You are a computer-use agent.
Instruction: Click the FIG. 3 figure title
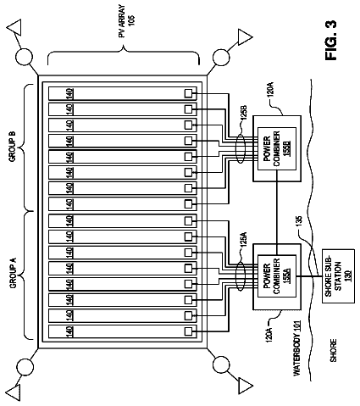click(331, 40)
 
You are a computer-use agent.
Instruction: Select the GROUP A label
click(14, 273)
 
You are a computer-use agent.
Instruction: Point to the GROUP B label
click(13, 147)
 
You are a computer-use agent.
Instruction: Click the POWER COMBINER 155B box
click(276, 148)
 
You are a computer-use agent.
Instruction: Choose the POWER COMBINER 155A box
click(276, 276)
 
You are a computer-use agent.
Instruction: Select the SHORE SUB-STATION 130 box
click(338, 276)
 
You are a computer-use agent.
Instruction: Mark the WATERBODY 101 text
click(296, 348)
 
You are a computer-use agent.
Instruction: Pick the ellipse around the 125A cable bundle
click(241, 276)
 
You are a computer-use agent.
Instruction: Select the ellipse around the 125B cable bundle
click(241, 148)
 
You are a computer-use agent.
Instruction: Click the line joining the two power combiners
click(278, 213)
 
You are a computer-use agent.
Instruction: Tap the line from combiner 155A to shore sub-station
click(309, 276)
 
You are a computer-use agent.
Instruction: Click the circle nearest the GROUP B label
click(24, 58)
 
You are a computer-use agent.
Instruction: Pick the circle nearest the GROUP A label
click(25, 367)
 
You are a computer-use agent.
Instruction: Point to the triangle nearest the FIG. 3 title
click(244, 36)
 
